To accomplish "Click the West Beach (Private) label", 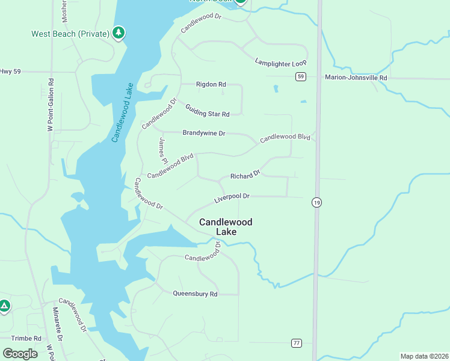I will click(70, 34).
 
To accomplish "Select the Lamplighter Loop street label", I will click(281, 62).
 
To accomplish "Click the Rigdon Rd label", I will click(211, 85).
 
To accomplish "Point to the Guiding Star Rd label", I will click(208, 110).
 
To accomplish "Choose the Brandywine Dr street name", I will click(203, 133).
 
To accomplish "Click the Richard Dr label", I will click(245, 175).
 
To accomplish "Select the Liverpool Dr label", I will click(232, 197).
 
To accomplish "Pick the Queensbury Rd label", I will click(195, 294).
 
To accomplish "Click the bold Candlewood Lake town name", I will click(226, 227).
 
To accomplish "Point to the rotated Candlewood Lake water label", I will click(122, 113).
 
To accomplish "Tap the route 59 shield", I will click(301, 76).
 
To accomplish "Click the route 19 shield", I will click(316, 203).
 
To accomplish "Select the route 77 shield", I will click(296, 343).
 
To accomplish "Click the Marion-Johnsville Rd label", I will click(356, 78).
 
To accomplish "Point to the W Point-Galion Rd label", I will click(51, 105).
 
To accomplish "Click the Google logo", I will click(20, 354).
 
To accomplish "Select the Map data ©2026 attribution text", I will click(424, 356).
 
